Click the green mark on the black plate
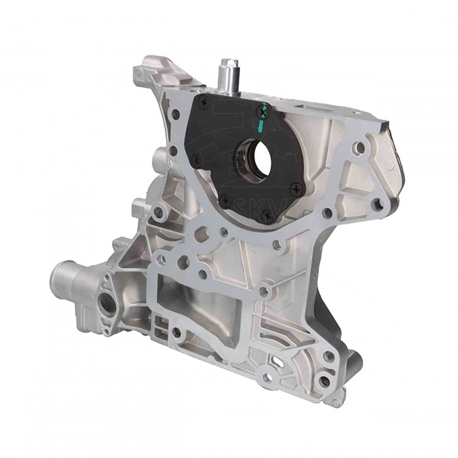click(262, 115)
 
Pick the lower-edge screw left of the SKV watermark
click(224, 198)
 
